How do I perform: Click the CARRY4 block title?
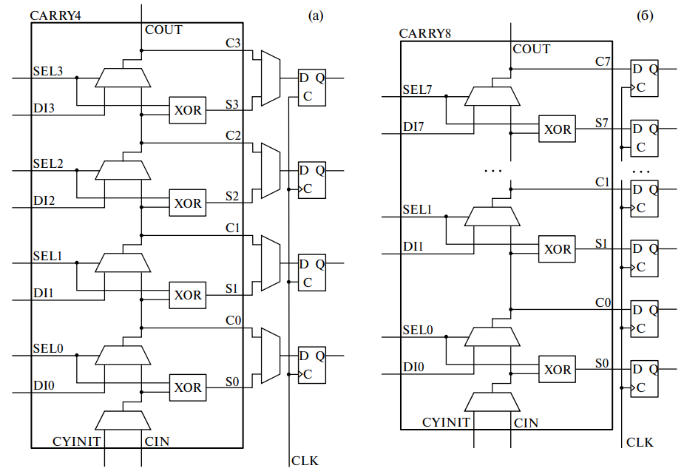tap(55, 15)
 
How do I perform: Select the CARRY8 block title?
tap(425, 33)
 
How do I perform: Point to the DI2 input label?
tap(44, 200)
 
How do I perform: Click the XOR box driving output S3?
tap(187, 110)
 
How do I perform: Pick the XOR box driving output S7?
tap(558, 129)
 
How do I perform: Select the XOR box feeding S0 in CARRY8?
tap(558, 370)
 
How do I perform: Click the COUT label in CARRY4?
tap(163, 30)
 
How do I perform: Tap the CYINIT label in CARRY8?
tap(446, 423)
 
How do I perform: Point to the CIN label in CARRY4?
tap(157, 441)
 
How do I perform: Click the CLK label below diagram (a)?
tap(305, 461)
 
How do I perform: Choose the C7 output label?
tap(603, 61)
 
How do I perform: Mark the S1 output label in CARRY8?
tap(602, 243)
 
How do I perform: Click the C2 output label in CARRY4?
tap(233, 135)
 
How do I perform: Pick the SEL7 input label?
tap(417, 90)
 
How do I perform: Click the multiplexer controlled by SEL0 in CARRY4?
tap(123, 355)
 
